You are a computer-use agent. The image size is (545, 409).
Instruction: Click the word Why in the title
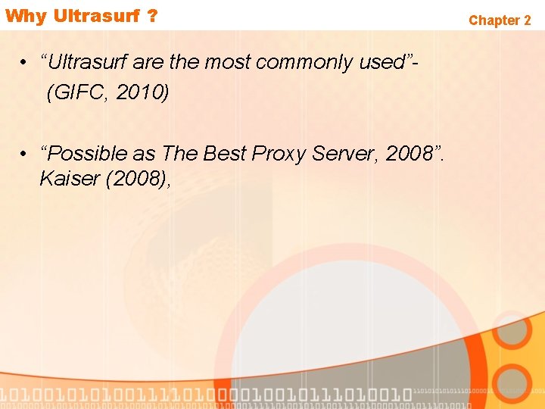point(25,16)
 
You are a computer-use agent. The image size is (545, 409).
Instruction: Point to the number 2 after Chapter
point(527,20)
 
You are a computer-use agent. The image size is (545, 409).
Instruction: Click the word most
point(227,62)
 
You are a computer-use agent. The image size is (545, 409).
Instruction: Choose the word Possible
point(84,153)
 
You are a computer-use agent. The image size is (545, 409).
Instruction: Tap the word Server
point(341,153)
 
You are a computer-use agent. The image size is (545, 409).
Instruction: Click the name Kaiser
point(65,180)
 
